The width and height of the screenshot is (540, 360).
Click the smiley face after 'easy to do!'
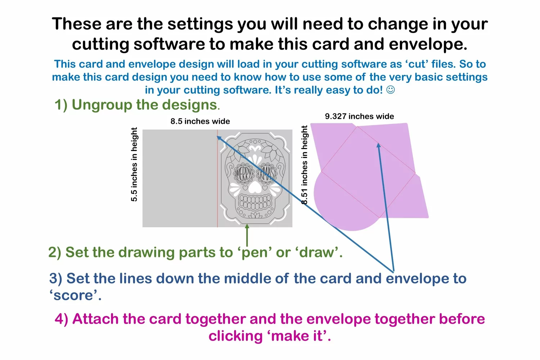tap(391, 90)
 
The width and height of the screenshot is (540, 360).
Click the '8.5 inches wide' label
tap(200, 121)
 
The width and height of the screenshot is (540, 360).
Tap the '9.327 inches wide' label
tap(359, 116)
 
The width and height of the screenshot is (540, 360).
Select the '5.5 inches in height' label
tap(134, 164)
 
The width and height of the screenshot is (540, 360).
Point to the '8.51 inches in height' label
tap(305, 165)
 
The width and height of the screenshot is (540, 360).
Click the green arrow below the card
tap(247, 235)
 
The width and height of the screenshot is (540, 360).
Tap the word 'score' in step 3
tap(73, 295)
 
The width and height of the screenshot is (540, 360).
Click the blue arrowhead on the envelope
tap(378, 145)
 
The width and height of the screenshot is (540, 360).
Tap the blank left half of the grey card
tap(180, 178)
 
